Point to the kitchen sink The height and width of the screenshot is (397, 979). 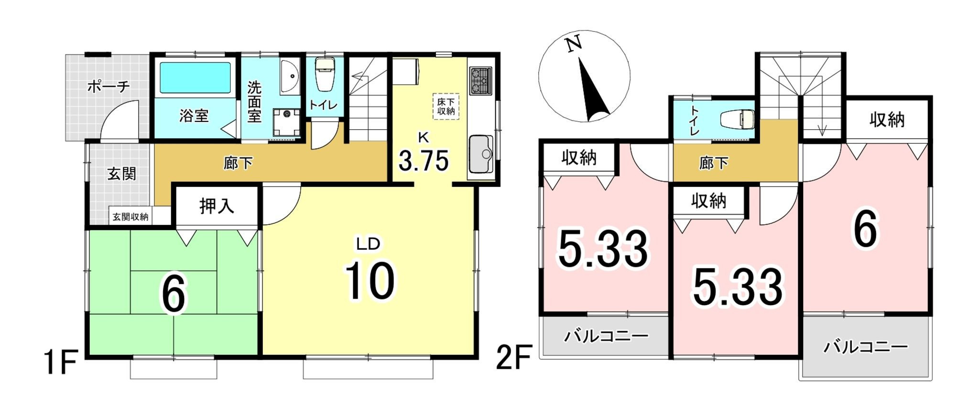point(481,154)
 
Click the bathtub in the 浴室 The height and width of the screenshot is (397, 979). point(194,77)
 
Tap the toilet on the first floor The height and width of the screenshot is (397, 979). point(326,75)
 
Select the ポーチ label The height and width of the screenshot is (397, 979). point(109,87)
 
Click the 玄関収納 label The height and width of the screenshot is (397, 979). point(131,217)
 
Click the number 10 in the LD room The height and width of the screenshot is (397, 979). point(370,281)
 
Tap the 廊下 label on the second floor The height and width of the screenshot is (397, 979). point(714,164)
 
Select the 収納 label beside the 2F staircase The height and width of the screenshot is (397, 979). point(887,120)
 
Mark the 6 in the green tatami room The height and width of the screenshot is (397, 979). point(173,295)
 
